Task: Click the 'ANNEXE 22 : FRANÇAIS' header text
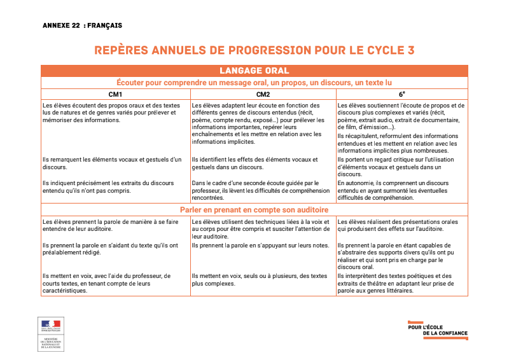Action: [x=82, y=25]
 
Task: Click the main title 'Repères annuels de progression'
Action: [x=254, y=50]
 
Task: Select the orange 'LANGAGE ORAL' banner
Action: [x=254, y=71]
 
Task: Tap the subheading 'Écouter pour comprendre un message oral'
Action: [x=254, y=83]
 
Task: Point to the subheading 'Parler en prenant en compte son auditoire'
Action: [x=254, y=209]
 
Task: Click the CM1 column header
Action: [x=116, y=94]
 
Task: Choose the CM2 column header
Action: [x=263, y=94]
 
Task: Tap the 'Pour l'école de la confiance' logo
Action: [x=437, y=329]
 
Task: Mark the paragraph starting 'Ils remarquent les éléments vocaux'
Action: [x=112, y=163]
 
